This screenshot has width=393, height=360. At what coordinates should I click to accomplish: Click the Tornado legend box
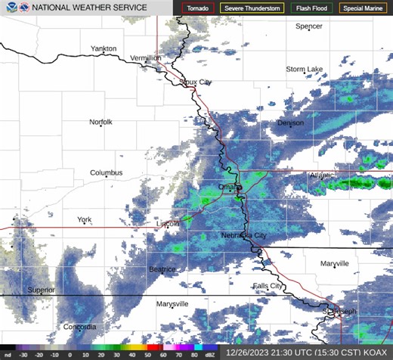click(x=199, y=8)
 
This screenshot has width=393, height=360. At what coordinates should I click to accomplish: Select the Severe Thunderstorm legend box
click(x=252, y=8)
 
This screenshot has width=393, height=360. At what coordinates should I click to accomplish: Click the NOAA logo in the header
click(x=8, y=8)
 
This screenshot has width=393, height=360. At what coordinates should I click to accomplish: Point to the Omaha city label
click(x=228, y=186)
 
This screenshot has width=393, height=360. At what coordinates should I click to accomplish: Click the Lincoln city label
click(x=168, y=224)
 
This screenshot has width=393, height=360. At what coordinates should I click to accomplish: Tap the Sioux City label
click(x=195, y=82)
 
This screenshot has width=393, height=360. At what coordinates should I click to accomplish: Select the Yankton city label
click(x=104, y=48)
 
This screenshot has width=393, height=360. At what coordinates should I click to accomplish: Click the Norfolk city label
click(x=101, y=122)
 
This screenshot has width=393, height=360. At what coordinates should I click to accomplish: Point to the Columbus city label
click(x=106, y=172)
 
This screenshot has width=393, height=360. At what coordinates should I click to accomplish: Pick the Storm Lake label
click(x=304, y=69)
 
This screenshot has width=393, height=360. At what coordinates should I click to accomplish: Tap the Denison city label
click(x=290, y=123)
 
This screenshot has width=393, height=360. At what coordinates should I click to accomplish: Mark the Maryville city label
click(x=334, y=264)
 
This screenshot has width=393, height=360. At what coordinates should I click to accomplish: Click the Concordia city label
click(x=79, y=327)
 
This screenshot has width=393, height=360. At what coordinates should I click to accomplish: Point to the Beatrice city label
click(x=162, y=269)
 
